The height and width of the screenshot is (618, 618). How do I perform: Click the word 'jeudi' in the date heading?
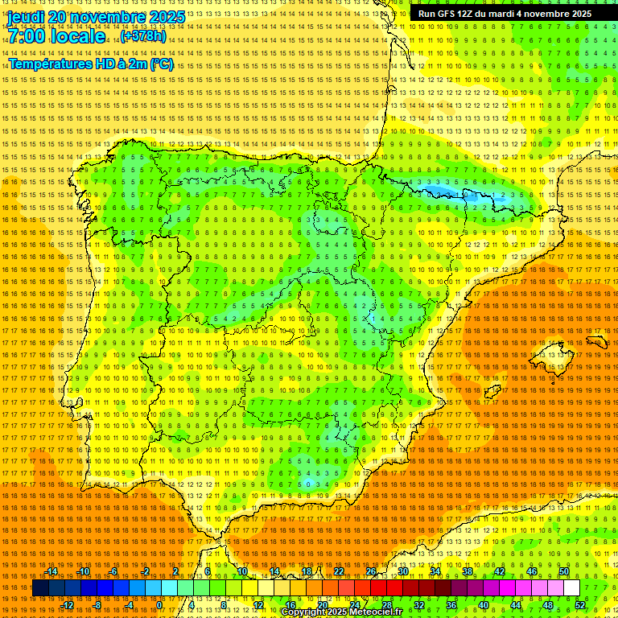27,17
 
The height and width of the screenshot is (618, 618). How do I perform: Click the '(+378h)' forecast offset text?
143,36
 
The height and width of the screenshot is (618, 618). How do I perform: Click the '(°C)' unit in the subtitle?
161,64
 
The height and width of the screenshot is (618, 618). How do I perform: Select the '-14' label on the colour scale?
51,571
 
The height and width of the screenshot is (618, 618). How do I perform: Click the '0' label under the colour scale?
160,605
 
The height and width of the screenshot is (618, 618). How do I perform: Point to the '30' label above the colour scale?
402,571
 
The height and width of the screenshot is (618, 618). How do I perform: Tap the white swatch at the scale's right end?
571,588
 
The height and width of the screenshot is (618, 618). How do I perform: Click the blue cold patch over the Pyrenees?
467,195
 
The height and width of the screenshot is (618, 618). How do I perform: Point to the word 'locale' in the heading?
76,37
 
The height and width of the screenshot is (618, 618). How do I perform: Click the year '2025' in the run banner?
578,14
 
